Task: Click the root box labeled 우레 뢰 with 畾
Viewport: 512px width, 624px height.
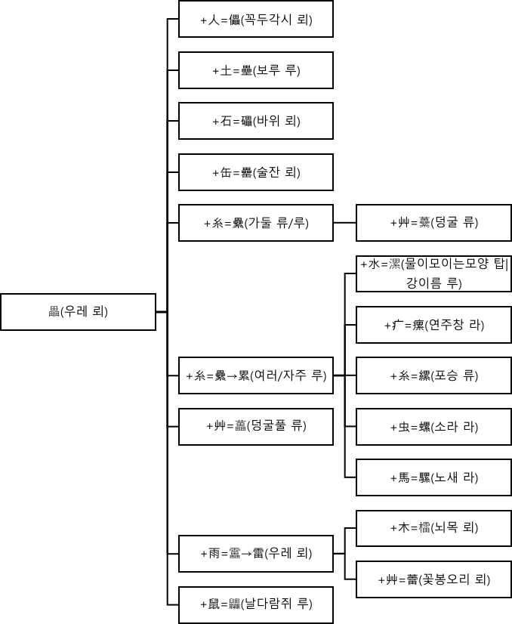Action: [x=79, y=311]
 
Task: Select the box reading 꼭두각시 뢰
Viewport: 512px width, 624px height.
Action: [x=256, y=20]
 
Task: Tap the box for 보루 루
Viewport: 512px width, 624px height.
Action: [x=256, y=70]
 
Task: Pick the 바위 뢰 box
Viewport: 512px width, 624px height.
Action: [x=256, y=121]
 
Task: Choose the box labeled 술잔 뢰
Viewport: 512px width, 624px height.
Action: [x=256, y=172]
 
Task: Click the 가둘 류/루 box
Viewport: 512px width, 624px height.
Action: [x=256, y=223]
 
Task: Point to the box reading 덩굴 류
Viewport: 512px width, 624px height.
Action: [x=433, y=223]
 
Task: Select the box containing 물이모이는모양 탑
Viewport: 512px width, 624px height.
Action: [x=433, y=273]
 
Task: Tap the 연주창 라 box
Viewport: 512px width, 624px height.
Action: [x=433, y=325]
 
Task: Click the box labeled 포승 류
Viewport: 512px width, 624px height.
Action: [x=433, y=375]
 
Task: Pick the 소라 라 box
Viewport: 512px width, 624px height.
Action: [x=433, y=427]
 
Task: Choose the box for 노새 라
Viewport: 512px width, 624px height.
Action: [x=433, y=477]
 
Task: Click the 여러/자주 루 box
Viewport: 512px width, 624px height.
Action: [x=256, y=375]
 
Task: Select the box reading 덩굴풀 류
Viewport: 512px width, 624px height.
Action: [x=256, y=426]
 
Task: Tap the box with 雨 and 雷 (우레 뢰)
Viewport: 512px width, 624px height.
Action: [x=256, y=553]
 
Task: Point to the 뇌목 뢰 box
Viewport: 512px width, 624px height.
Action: [x=433, y=528]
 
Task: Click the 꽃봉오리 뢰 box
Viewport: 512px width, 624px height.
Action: [x=433, y=579]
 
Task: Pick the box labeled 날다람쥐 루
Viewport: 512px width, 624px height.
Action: [x=256, y=604]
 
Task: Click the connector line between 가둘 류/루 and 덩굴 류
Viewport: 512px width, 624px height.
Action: [x=344, y=223]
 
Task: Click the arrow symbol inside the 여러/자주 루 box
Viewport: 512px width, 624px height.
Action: [x=233, y=376]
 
